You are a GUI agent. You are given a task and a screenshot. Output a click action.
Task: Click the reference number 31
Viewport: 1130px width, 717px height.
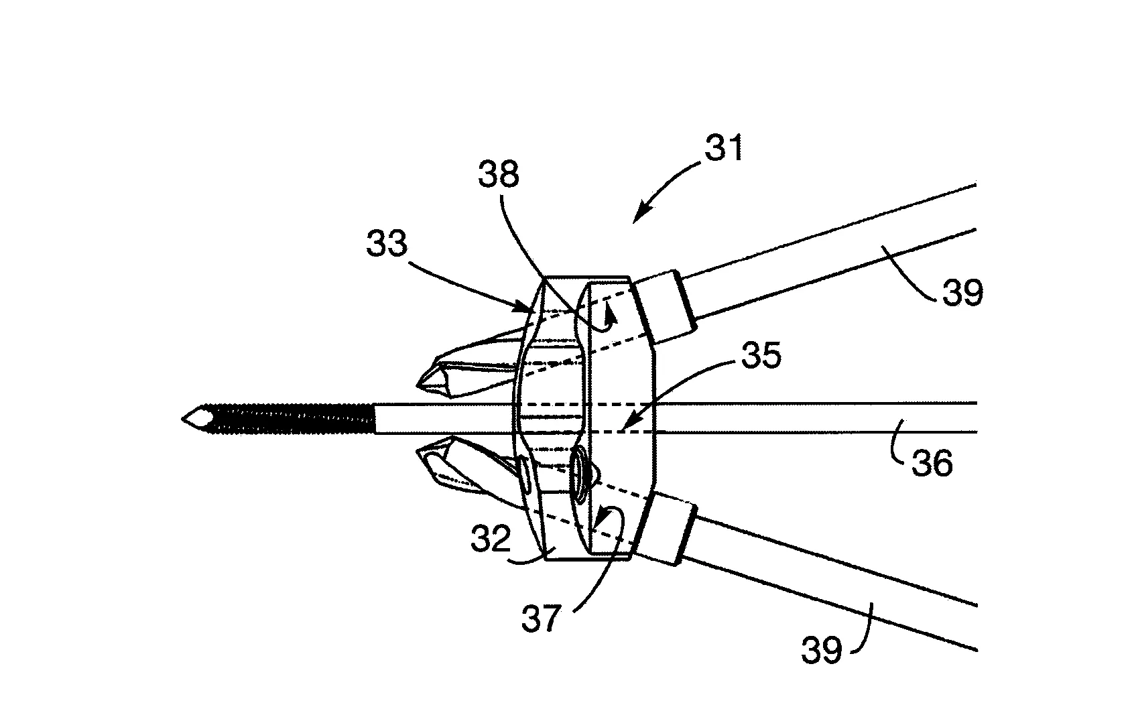coord(724,147)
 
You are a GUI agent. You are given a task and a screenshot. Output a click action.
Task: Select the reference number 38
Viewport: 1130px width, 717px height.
coord(499,174)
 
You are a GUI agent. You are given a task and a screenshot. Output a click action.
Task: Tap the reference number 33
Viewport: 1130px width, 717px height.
coord(387,243)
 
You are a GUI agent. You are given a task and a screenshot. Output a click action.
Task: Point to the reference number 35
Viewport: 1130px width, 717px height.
coord(761,355)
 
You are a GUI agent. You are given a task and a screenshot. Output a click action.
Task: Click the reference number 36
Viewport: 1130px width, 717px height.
coord(932,464)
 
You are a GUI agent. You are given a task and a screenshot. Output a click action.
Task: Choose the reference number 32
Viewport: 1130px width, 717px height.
coord(491,539)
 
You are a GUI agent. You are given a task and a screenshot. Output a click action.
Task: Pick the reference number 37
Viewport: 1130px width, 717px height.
coord(542,618)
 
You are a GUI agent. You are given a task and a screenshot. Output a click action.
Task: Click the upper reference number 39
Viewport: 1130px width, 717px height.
coord(962,292)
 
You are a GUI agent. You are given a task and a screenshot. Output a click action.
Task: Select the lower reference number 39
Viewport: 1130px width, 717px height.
coord(821,649)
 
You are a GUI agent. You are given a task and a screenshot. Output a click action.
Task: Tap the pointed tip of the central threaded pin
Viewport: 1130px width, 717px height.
coord(182,419)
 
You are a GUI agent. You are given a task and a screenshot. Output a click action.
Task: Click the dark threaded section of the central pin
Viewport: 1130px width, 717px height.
coord(292,419)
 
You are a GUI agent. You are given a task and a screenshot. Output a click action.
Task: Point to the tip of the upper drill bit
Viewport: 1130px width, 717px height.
coord(418,386)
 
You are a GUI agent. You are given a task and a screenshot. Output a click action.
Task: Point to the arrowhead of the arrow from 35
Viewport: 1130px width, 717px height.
coord(625,427)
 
